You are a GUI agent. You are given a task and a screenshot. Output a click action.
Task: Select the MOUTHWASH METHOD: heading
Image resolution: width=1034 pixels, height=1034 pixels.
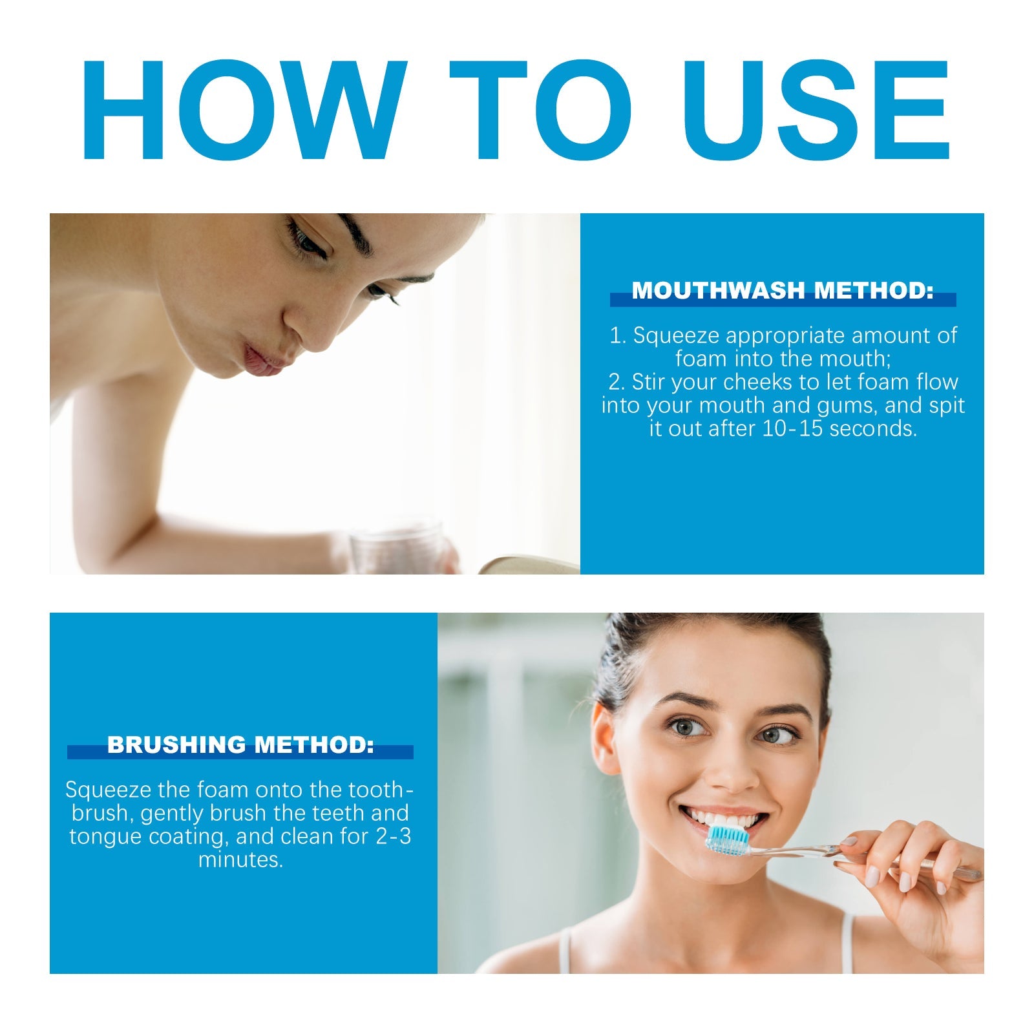coord(783,291)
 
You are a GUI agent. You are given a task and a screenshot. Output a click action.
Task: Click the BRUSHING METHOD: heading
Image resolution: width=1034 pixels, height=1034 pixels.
coord(240,744)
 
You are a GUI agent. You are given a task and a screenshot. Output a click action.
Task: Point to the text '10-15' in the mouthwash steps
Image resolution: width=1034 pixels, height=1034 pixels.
coord(792,428)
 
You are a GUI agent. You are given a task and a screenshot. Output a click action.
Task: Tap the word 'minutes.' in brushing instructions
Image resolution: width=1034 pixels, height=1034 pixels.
coord(240,860)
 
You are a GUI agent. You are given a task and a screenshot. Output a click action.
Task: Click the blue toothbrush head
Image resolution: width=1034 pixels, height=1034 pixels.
coord(727,840)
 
